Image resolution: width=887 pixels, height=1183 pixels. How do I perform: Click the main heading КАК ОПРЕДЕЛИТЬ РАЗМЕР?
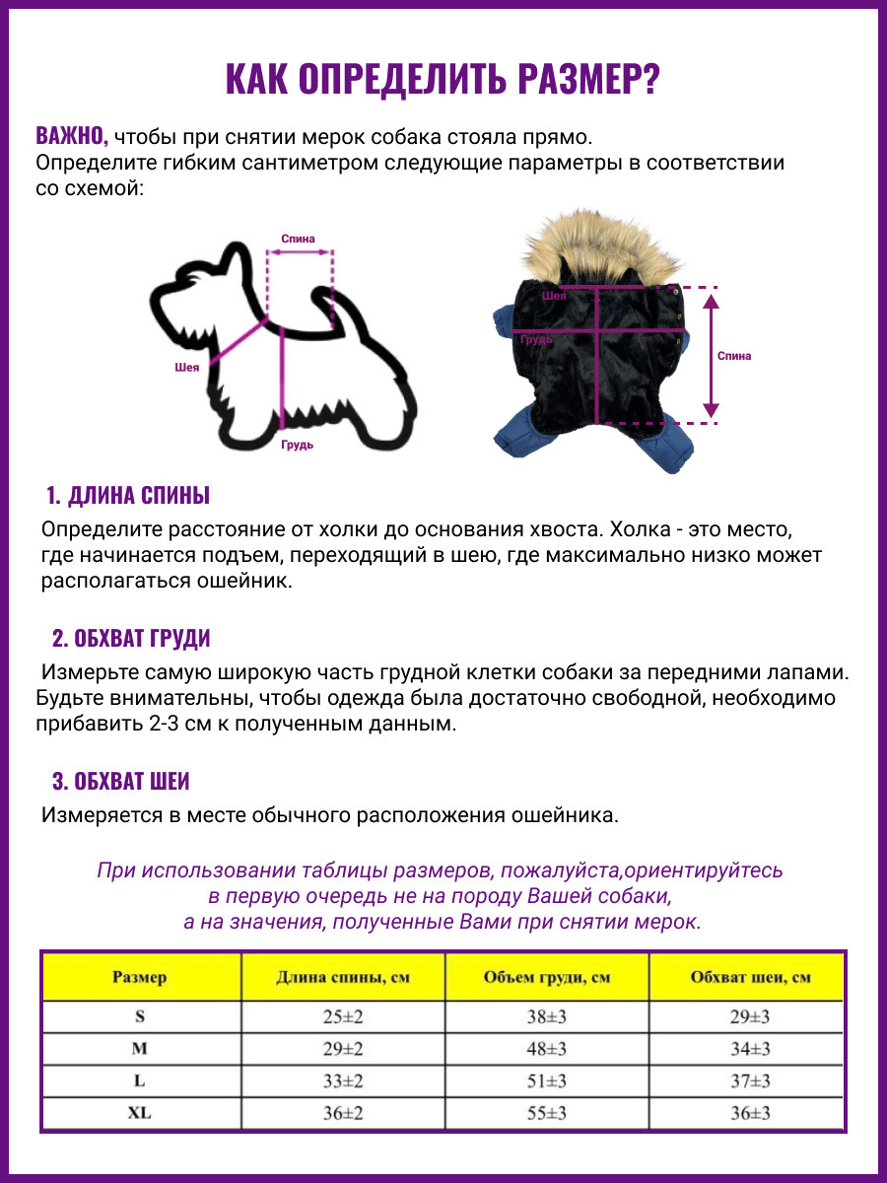point(443,80)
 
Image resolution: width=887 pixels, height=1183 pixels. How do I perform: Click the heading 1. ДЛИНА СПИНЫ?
point(128,495)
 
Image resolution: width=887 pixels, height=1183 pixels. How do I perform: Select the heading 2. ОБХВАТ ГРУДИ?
point(131,638)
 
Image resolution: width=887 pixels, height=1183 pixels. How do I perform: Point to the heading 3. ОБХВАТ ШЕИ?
point(120,782)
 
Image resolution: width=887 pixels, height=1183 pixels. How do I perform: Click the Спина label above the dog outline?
point(298,239)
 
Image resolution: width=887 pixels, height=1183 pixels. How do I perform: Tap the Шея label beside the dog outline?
point(187,367)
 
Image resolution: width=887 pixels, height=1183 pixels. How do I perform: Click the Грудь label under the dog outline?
point(297,445)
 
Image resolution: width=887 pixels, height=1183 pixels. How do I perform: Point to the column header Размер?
point(140,977)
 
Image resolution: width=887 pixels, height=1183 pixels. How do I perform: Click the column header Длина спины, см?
point(342,977)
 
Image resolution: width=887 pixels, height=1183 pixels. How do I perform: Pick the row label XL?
point(140,1113)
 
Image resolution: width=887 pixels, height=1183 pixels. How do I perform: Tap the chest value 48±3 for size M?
point(546,1049)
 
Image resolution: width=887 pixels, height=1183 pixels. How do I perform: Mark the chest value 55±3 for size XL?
point(546,1113)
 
